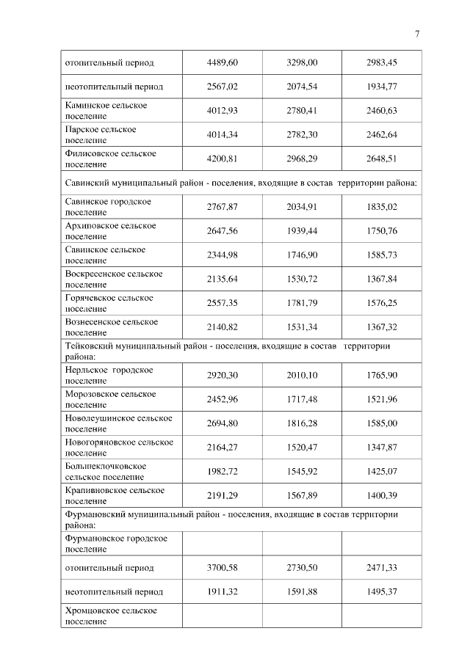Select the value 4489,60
tap(223, 63)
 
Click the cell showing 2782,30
tap(302, 134)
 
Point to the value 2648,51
tap(381, 158)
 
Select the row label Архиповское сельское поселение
tap(110, 230)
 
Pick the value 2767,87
tap(223, 207)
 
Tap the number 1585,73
tap(381, 255)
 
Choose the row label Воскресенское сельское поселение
tap(114, 279)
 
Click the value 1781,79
tap(302, 303)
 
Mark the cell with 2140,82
tap(223, 327)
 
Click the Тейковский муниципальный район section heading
tap(227, 351)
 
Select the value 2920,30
tap(223, 376)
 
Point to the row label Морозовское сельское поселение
tap(110, 399)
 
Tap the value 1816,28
tap(302, 423)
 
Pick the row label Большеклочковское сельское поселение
tap(106, 471)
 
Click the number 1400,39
tap(381, 496)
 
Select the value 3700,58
tap(223, 568)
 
